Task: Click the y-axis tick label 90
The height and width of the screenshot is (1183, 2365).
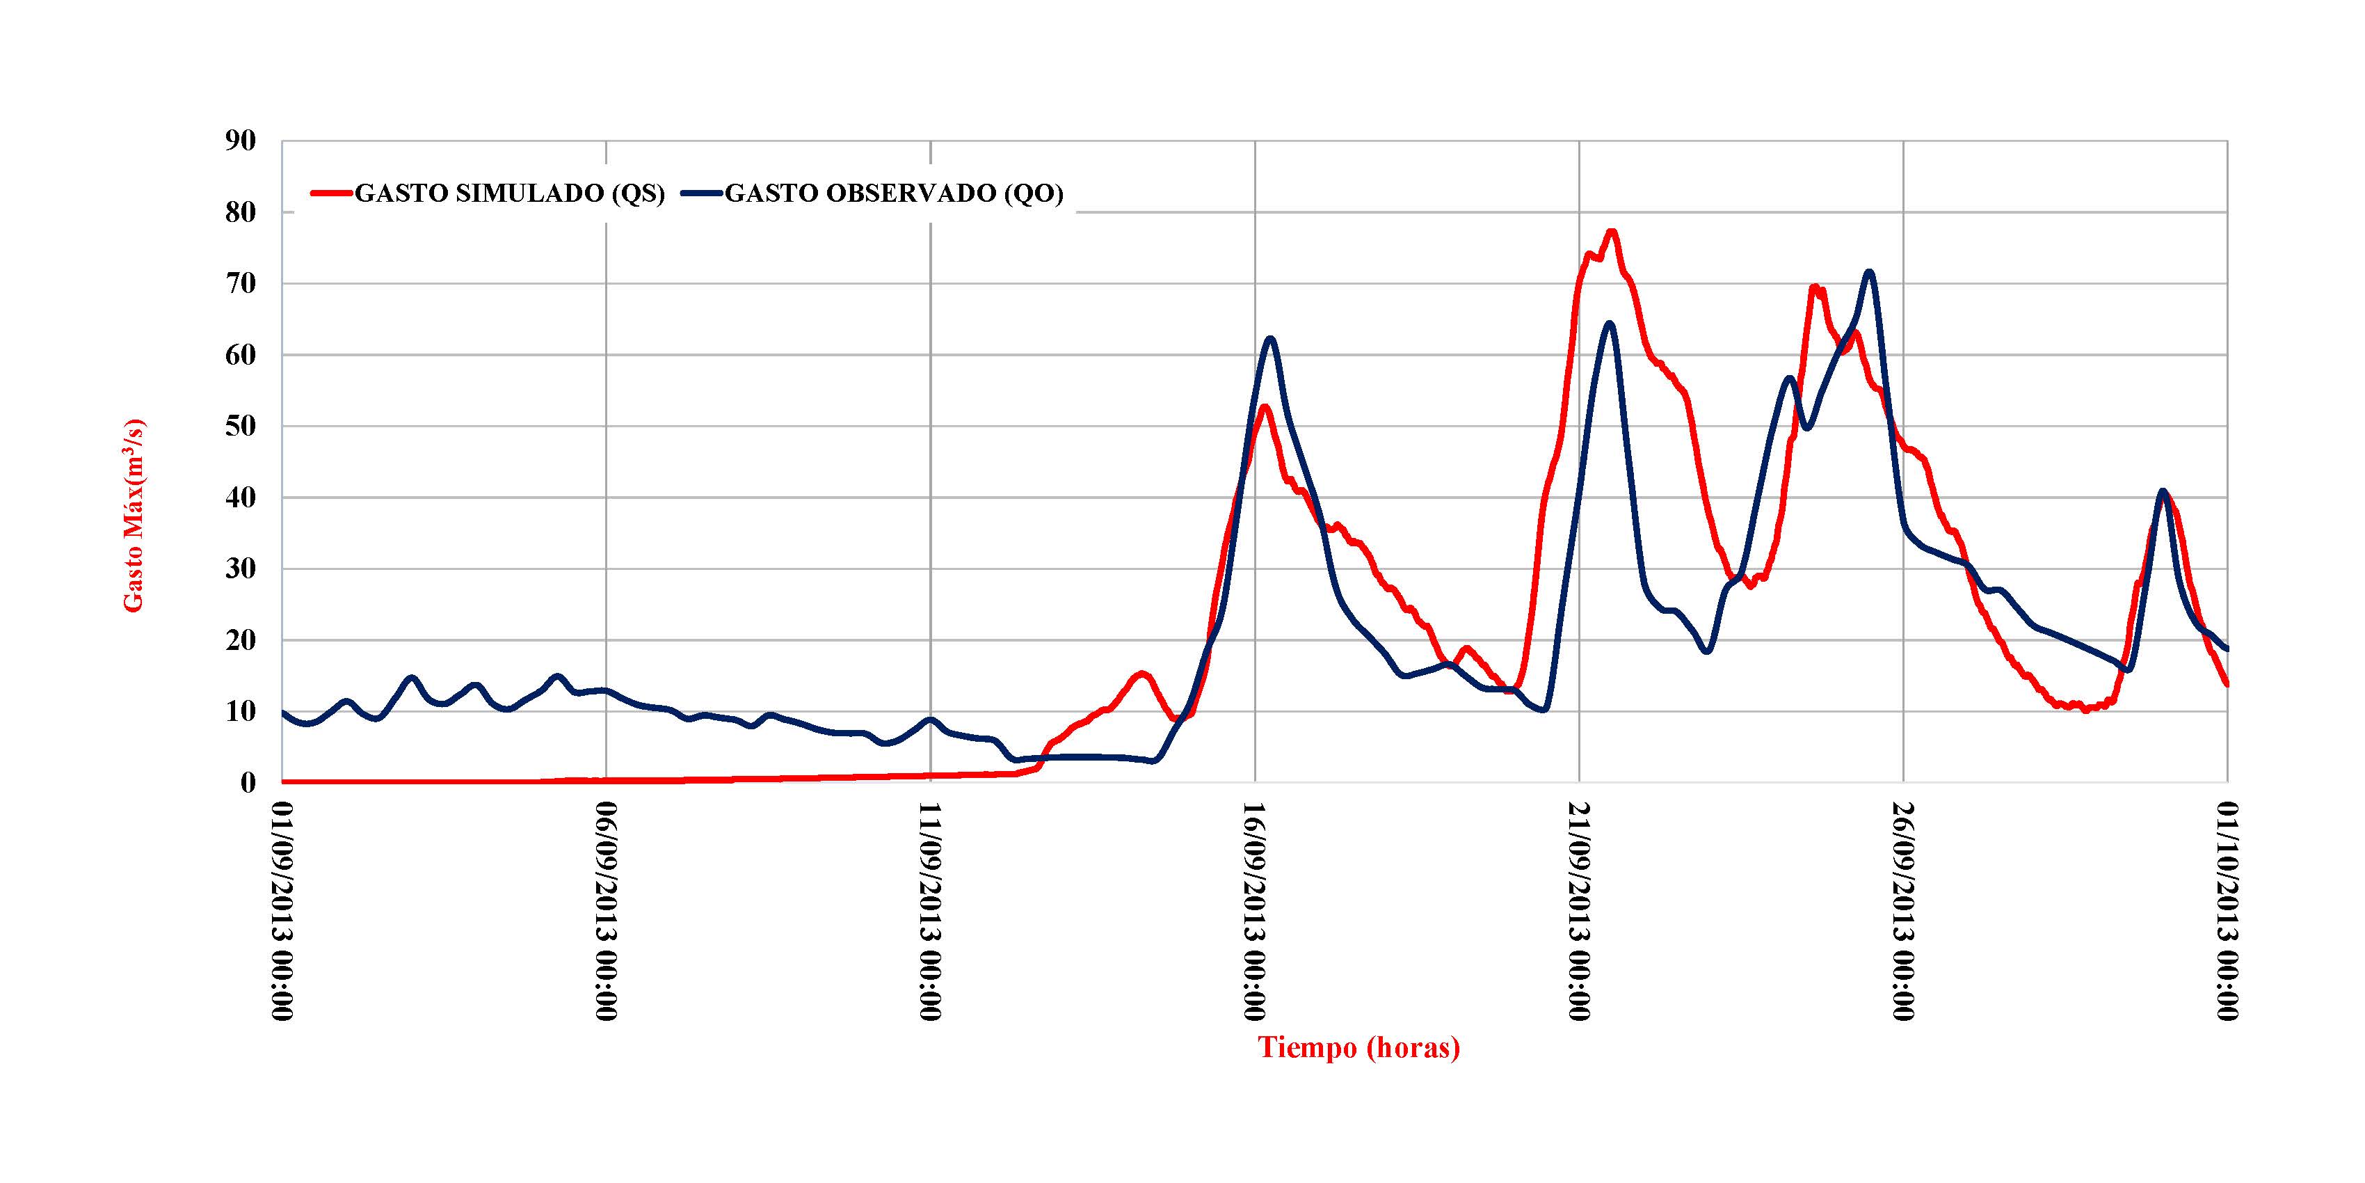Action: (241, 141)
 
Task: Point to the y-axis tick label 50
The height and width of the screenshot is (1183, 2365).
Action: (241, 426)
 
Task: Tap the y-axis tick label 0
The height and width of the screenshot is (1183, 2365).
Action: (248, 783)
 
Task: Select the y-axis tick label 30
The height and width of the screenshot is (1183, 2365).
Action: (241, 569)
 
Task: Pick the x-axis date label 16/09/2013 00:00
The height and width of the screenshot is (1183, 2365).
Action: (1254, 910)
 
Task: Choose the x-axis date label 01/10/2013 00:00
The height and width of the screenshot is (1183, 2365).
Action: (2227, 910)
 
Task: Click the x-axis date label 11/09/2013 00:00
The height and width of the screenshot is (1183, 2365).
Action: (930, 910)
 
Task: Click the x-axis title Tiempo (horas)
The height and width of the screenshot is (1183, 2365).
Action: (1358, 1048)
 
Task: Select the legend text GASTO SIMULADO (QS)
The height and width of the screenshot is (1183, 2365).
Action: (510, 193)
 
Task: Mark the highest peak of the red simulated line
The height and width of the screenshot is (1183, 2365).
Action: (1611, 232)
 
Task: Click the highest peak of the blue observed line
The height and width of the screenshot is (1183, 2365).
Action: (1869, 272)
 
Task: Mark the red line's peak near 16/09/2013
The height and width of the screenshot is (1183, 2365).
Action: (1264, 406)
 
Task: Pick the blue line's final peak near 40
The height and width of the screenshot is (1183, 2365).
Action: (2163, 491)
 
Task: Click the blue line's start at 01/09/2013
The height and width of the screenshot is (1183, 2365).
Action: (283, 712)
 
